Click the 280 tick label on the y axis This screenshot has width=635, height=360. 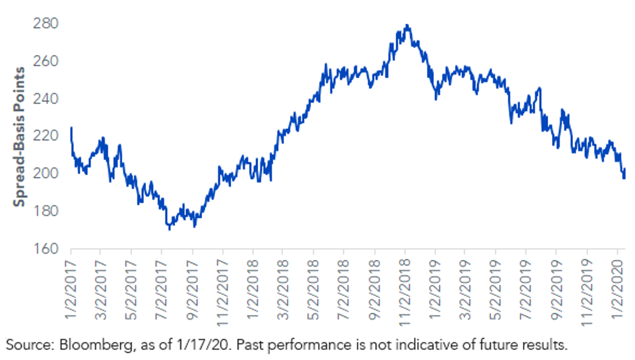tap(46, 23)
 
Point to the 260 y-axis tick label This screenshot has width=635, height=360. tap(46, 61)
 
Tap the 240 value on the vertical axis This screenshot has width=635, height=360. tap(46, 98)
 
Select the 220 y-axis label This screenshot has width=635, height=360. tap(46, 136)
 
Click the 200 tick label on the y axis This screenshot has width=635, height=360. tap(46, 173)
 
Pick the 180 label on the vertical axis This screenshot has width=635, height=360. tap(46, 211)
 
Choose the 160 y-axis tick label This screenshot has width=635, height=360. tap(46, 248)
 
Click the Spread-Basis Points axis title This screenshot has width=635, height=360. tap(19, 137)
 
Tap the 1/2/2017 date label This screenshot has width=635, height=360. tap(71, 290)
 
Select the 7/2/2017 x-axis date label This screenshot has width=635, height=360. tap(161, 290)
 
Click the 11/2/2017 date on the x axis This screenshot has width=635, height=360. tap(223, 293)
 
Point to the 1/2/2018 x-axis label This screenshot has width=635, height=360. tap(253, 290)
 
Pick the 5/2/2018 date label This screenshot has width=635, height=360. tap(313, 290)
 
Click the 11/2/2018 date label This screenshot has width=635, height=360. tap(405, 293)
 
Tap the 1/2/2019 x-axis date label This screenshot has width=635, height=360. tap(435, 290)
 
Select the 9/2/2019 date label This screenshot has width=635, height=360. tap(556, 290)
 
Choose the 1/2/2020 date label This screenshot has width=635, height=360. tap(618, 290)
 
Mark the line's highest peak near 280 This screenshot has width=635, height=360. tap(407, 25)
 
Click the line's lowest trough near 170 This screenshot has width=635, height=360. tap(169, 229)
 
